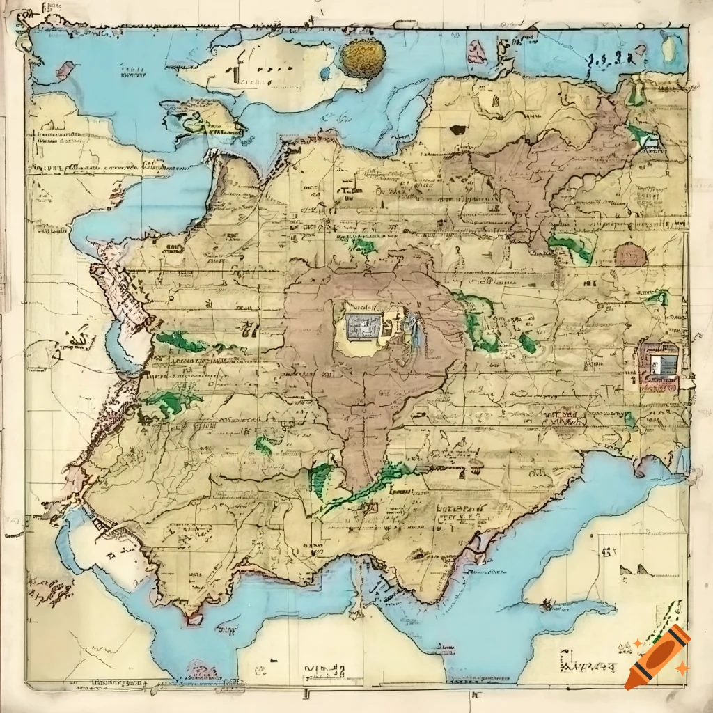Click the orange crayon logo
657,657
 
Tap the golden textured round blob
363,57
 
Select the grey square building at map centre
363,326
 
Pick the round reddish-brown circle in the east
631,256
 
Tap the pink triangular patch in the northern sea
477,52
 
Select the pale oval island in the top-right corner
671,48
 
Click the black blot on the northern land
458,130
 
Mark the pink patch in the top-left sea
65,69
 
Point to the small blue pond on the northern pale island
323,74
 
